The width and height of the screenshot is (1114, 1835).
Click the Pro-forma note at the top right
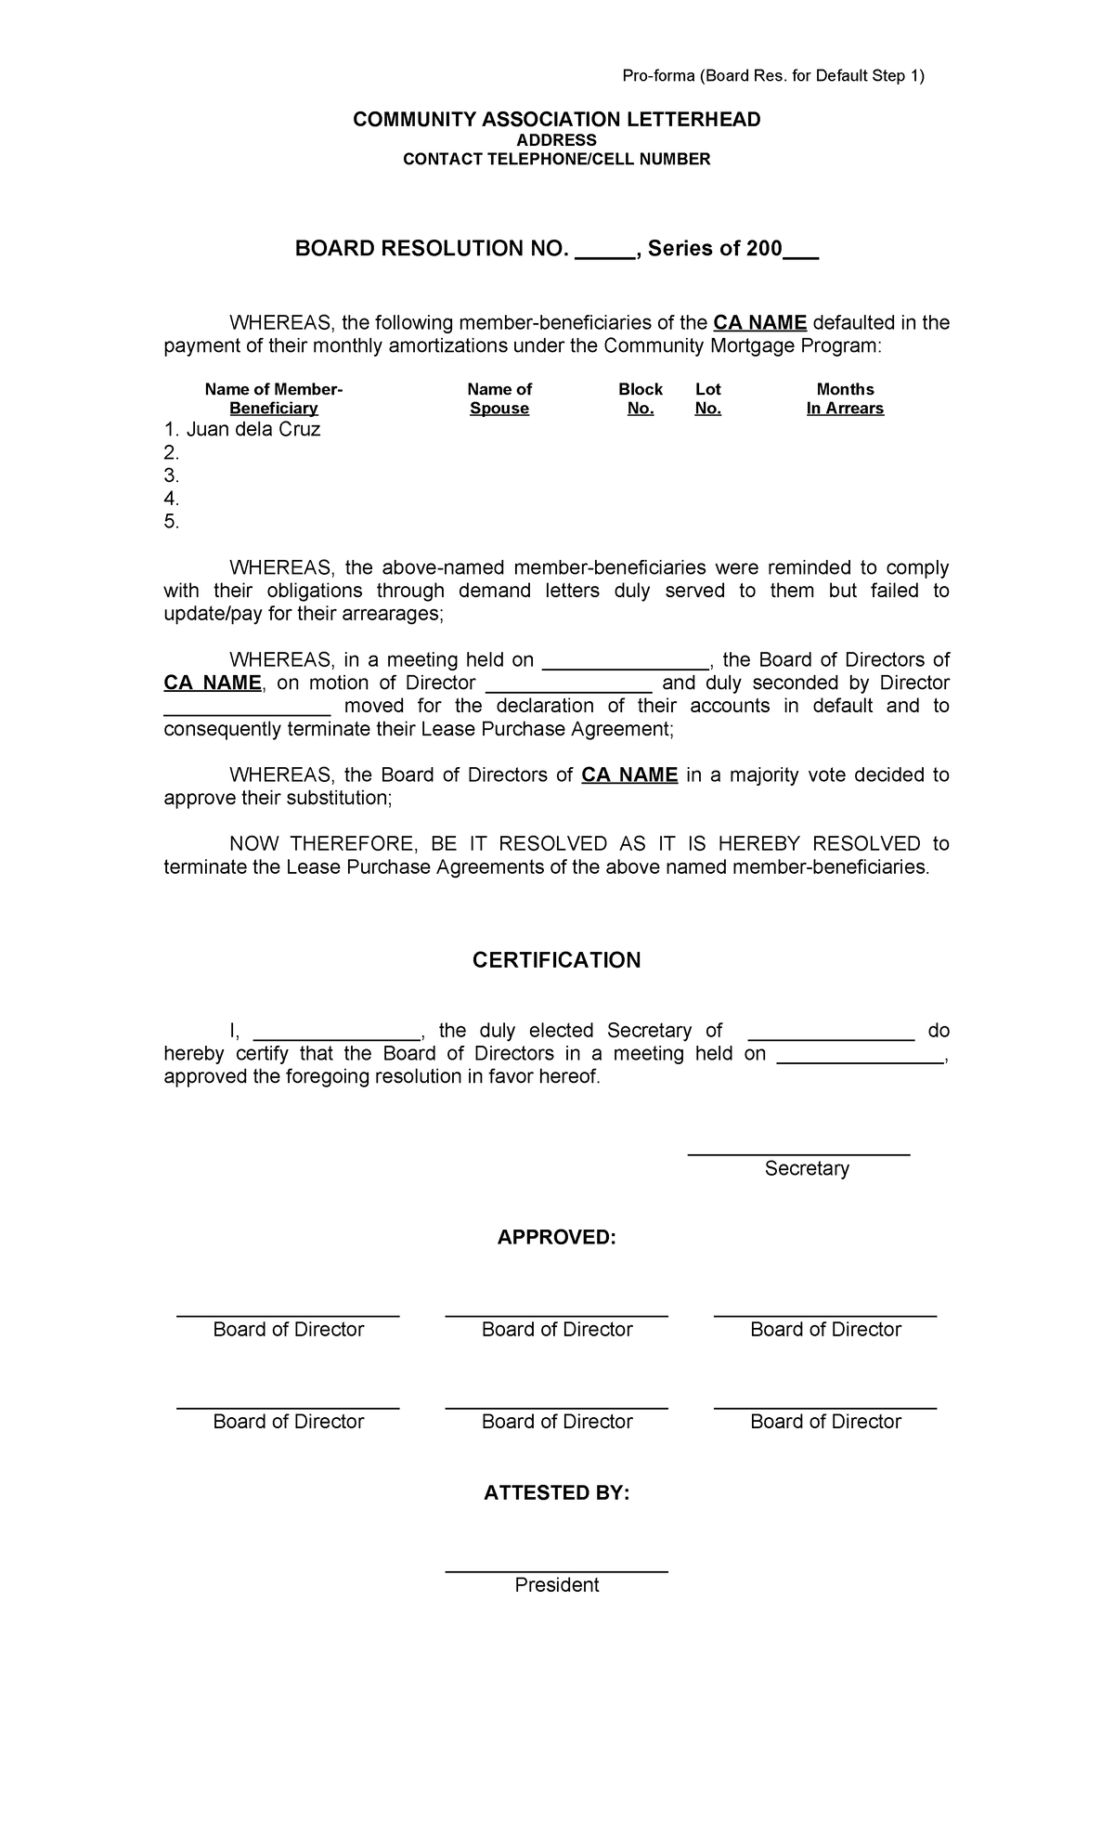[x=772, y=76]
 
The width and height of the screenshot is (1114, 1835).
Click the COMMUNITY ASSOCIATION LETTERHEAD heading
[x=556, y=120]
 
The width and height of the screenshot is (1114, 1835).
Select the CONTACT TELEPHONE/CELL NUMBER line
[x=556, y=159]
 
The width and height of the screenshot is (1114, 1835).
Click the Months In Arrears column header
[x=845, y=398]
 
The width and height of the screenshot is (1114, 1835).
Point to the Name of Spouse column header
[x=499, y=398]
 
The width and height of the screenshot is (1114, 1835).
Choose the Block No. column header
[x=641, y=398]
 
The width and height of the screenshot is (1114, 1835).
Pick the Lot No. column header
[x=707, y=398]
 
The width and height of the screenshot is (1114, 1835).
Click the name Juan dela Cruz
[x=253, y=430]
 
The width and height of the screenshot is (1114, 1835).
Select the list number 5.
[x=171, y=522]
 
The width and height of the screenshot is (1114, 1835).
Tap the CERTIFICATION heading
[x=556, y=960]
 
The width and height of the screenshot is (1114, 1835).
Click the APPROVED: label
[x=556, y=1238]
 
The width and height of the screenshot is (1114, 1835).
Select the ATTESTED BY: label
[x=556, y=1493]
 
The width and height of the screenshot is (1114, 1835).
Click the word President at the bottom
[x=556, y=1585]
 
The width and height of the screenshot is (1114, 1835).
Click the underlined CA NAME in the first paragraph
[x=760, y=323]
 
